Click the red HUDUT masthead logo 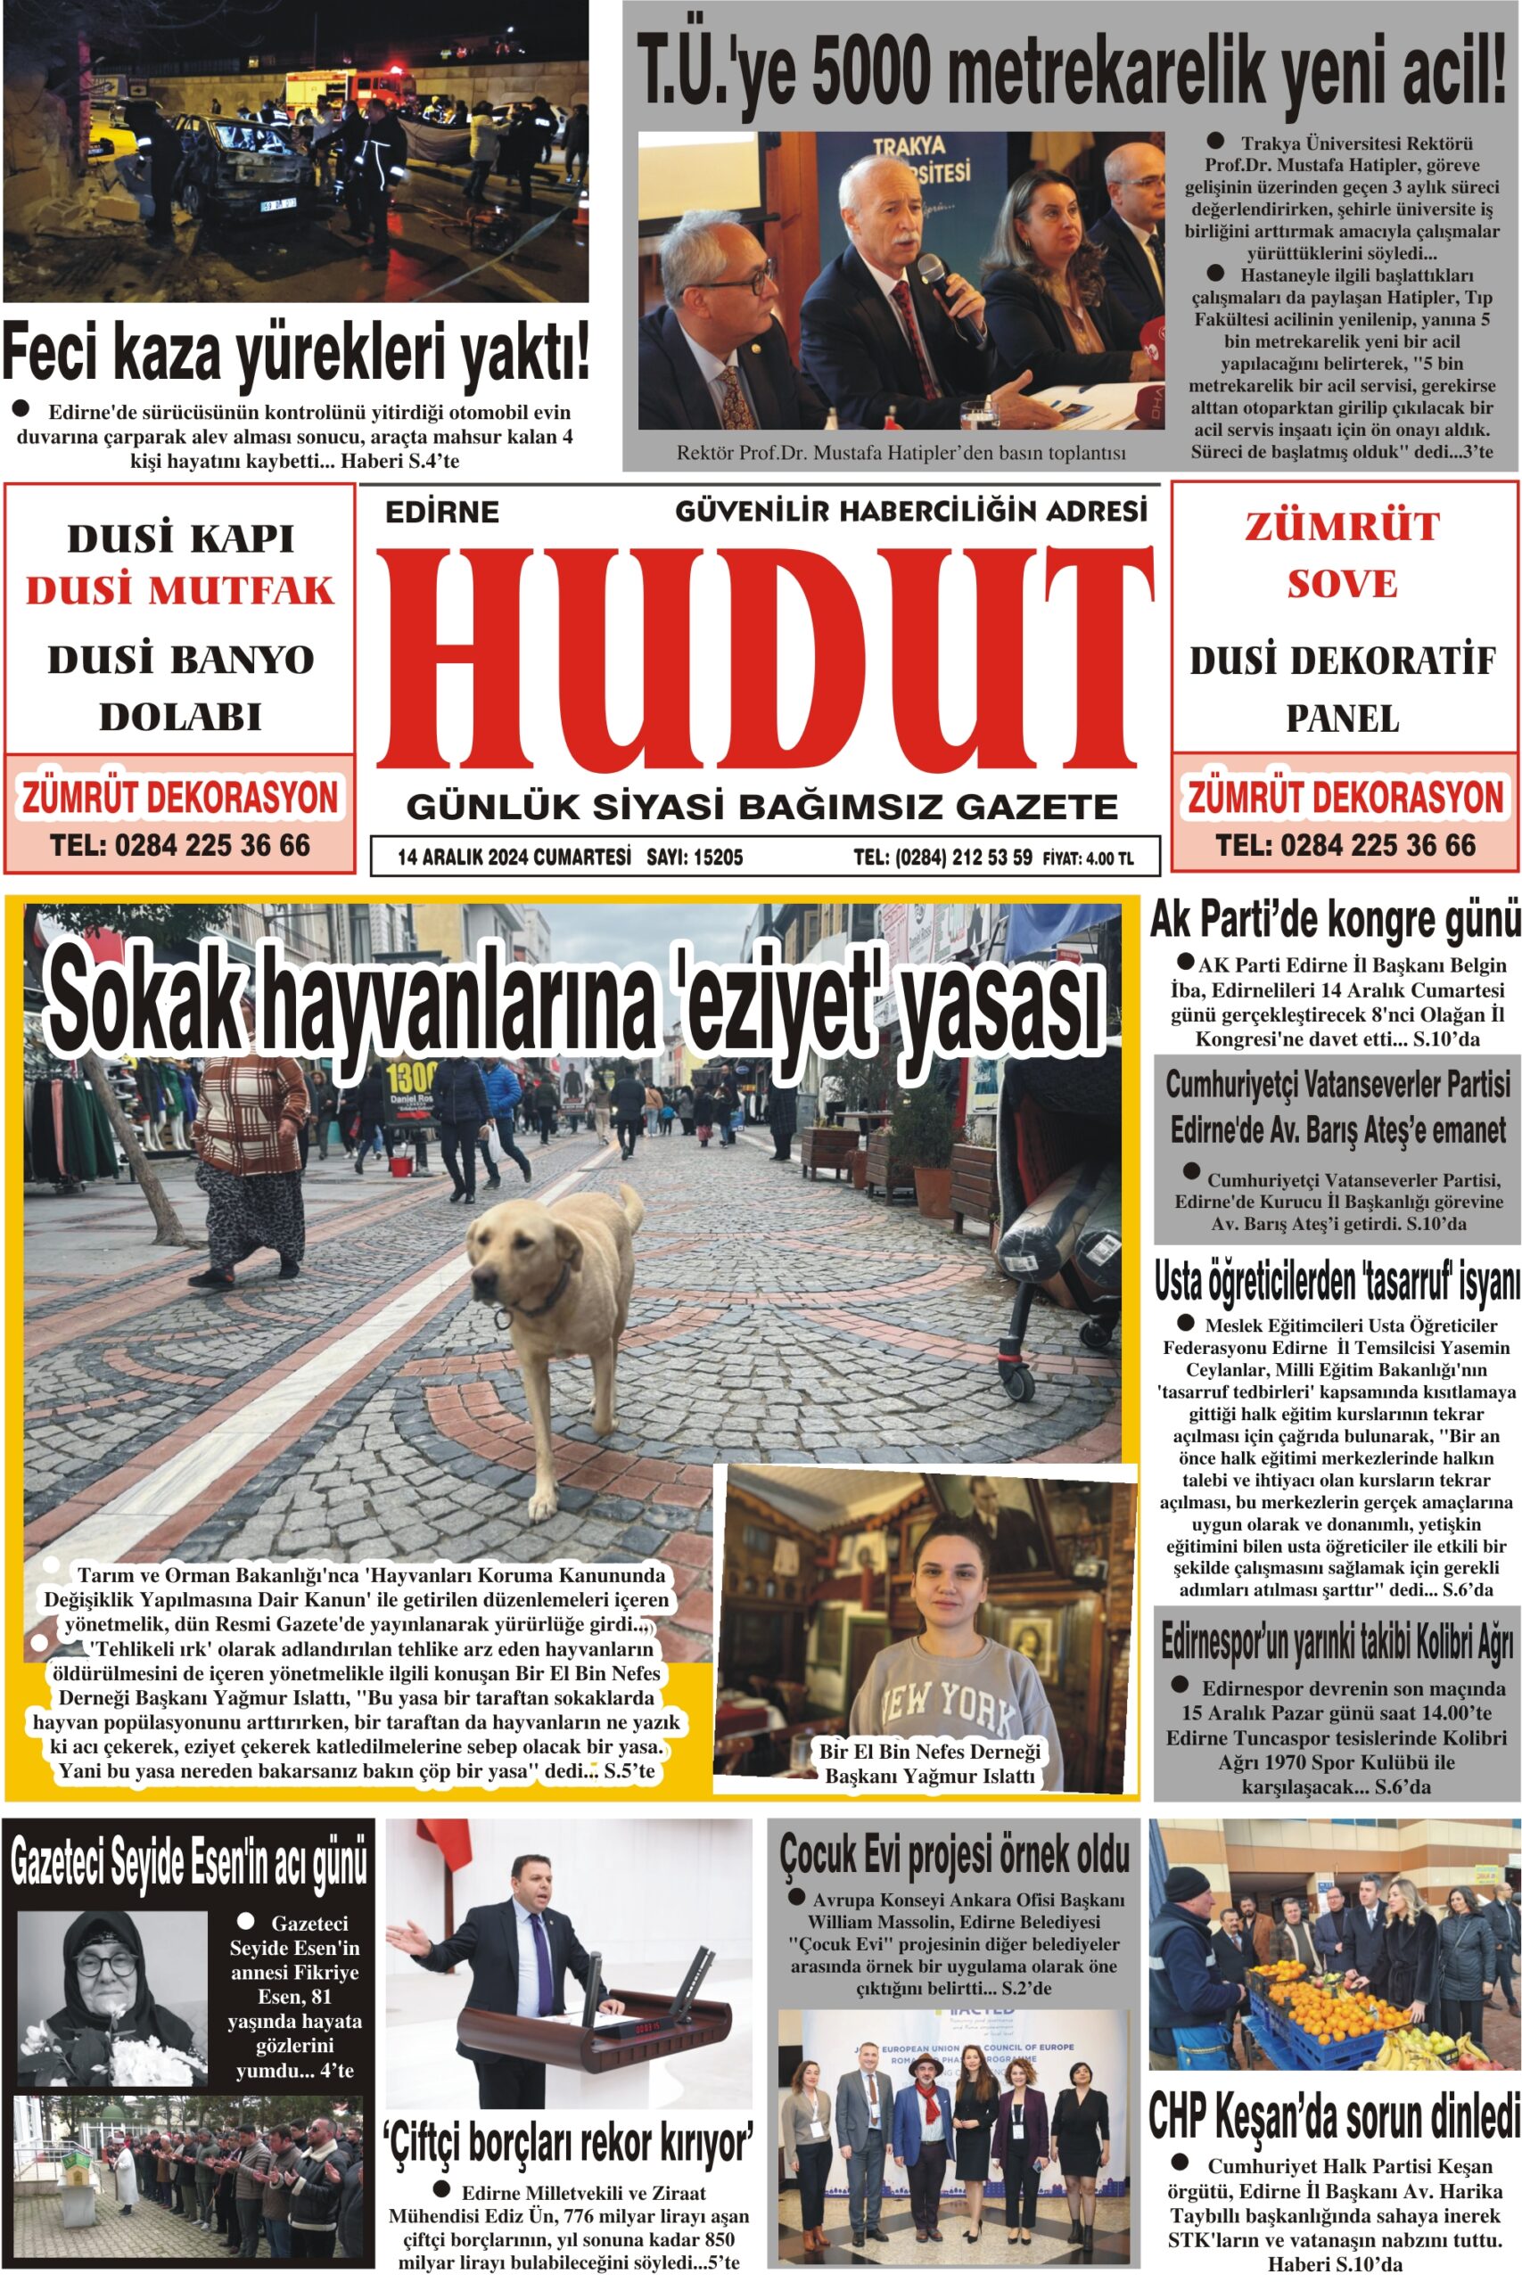(766, 670)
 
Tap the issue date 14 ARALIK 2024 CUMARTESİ (514, 858)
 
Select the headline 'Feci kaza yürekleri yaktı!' (296, 355)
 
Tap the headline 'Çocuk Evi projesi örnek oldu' (954, 1853)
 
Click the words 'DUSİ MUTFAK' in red (179, 591)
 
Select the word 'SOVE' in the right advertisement (1343, 584)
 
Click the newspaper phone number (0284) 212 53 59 (942, 858)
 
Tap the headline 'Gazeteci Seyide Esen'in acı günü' (189, 1860)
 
